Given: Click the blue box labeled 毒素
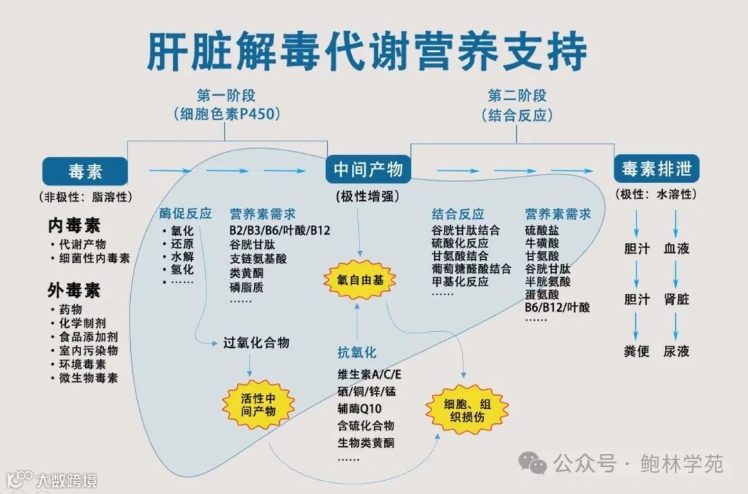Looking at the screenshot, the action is click(85, 171).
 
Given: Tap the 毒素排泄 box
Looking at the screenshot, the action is click(656, 169).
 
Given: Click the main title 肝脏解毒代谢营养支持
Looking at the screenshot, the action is click(367, 50).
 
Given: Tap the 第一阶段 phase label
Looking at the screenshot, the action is click(226, 96).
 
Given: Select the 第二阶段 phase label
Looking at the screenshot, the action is click(517, 96).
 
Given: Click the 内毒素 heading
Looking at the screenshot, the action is click(74, 225).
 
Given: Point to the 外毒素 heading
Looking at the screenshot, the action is click(74, 290).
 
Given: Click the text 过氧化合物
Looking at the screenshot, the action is click(256, 343).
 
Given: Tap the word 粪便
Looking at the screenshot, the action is click(636, 351).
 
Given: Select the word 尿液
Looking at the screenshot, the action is click(676, 351).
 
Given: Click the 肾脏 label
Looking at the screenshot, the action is click(676, 299).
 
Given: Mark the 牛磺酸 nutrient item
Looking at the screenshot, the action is click(542, 243).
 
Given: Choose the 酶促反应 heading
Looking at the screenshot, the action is click(186, 214).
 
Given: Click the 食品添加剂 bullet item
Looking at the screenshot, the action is click(88, 337).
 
